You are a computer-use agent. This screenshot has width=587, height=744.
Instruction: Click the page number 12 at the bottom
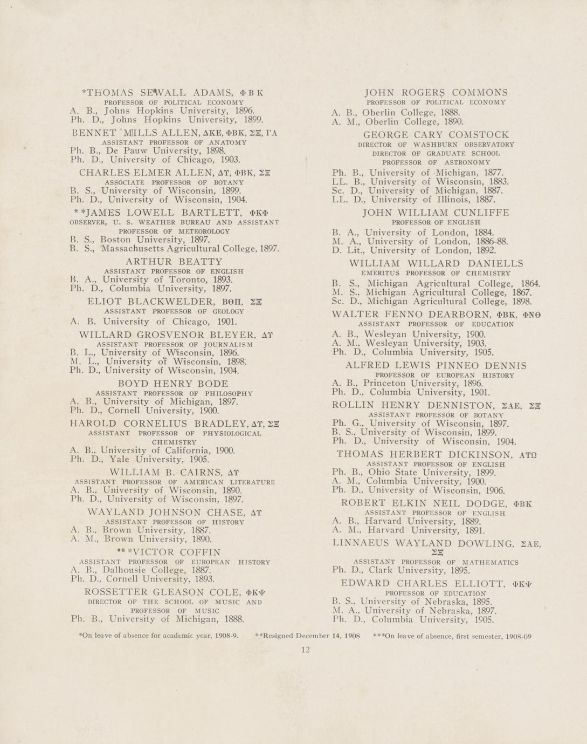coord(306,650)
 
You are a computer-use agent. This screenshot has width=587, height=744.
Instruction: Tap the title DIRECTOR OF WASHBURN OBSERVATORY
coord(436,145)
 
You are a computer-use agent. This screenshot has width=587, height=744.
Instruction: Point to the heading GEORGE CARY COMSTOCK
coord(436,134)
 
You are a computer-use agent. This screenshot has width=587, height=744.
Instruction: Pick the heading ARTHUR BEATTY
coord(174,262)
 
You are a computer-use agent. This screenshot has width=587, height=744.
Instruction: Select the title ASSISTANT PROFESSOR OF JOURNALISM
coord(175,344)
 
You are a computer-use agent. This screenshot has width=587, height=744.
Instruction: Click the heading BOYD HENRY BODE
coord(173,384)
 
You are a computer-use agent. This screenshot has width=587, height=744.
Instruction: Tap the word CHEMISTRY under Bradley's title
coord(174,442)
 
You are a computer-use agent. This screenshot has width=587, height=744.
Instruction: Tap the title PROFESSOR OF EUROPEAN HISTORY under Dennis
coord(445,375)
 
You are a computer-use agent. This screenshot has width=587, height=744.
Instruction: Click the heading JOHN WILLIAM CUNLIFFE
coord(436,213)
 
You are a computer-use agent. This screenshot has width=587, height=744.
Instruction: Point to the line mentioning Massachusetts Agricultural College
coord(175,249)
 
